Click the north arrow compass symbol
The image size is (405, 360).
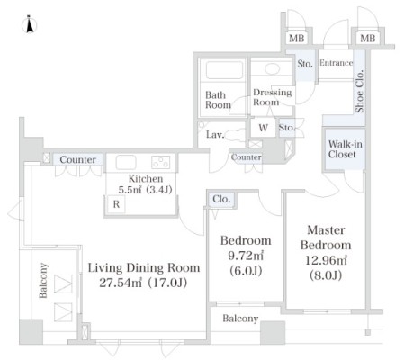[30, 24]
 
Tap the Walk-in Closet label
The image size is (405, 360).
[345, 149]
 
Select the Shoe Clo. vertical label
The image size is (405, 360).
[359, 91]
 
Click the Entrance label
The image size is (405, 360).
[336, 63]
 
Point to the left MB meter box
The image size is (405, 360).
[297, 39]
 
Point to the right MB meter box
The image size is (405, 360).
[368, 39]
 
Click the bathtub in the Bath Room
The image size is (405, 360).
[224, 70]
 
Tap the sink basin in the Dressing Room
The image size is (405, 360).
[272, 68]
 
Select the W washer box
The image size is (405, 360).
[263, 128]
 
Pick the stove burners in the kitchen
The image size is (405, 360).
[161, 162]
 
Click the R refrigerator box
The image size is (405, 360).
[116, 204]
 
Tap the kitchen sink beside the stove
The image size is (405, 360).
[126, 162]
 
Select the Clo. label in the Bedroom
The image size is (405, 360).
[221, 199]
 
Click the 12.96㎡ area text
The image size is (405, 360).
[326, 260]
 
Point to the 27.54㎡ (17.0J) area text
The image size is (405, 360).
[143, 283]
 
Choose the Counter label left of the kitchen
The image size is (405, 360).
[78, 159]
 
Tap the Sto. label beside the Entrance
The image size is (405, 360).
[305, 64]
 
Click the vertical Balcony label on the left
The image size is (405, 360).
[43, 281]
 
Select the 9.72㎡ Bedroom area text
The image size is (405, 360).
[246, 256]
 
